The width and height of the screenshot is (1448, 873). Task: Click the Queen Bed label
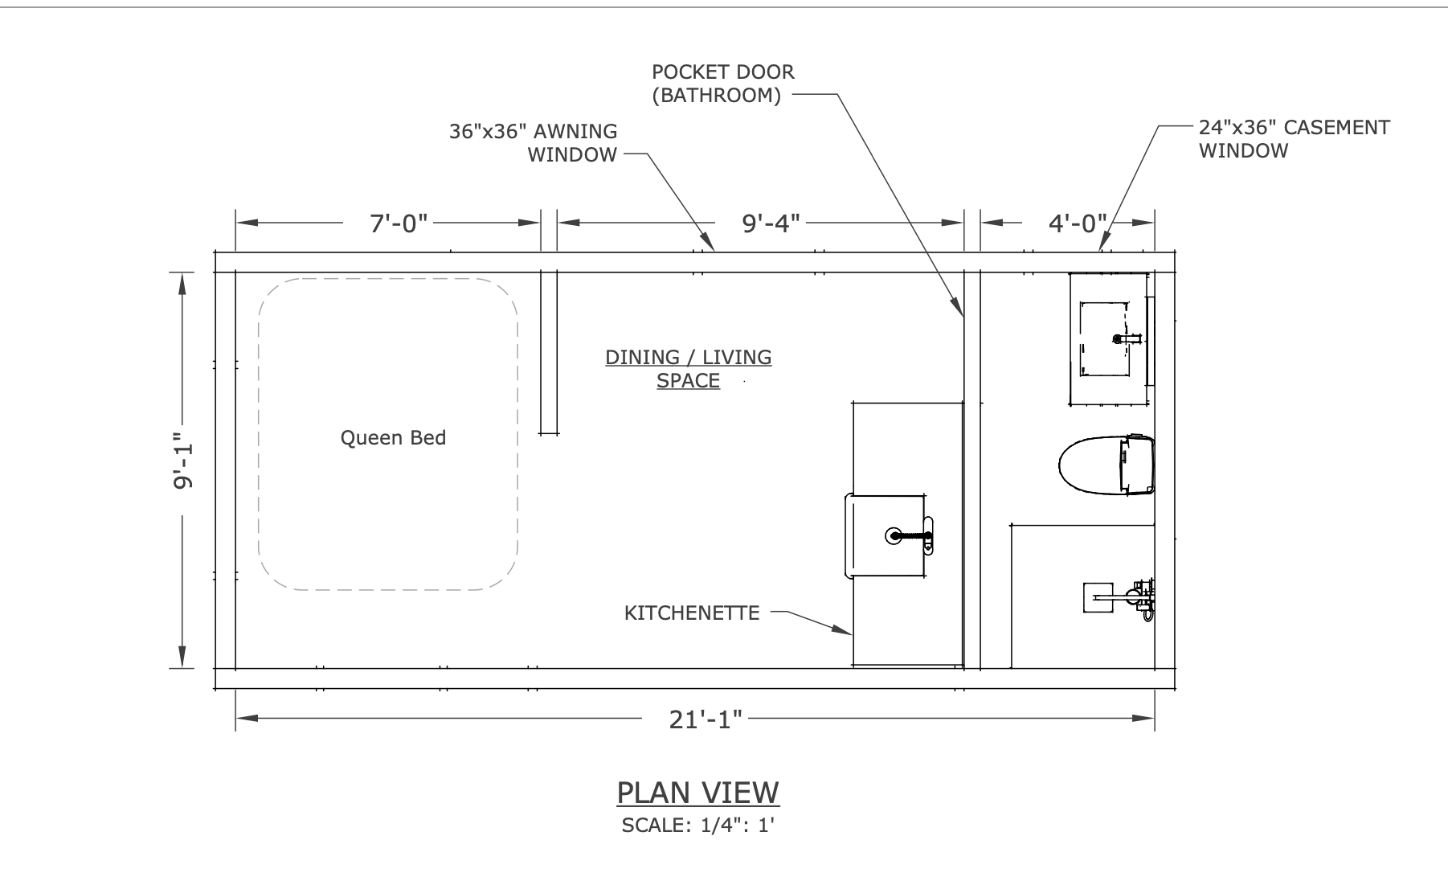393,438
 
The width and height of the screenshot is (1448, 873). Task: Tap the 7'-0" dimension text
399,223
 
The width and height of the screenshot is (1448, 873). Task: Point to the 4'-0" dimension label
1078,223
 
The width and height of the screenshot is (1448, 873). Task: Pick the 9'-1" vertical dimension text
182,461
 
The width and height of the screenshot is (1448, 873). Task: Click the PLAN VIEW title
697,793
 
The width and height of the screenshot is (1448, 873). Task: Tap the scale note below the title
697,826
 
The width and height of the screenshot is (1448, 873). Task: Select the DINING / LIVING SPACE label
689,368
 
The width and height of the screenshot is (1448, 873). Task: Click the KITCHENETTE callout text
692,613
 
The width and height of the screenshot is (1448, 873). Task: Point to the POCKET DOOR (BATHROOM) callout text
722,84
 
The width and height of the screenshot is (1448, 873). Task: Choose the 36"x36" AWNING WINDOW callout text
534,142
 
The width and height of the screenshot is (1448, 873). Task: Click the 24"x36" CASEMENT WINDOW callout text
1294,139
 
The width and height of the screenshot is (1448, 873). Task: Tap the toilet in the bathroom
1106,465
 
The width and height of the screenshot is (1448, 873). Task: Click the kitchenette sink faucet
911,536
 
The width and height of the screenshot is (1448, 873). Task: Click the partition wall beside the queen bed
549,353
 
